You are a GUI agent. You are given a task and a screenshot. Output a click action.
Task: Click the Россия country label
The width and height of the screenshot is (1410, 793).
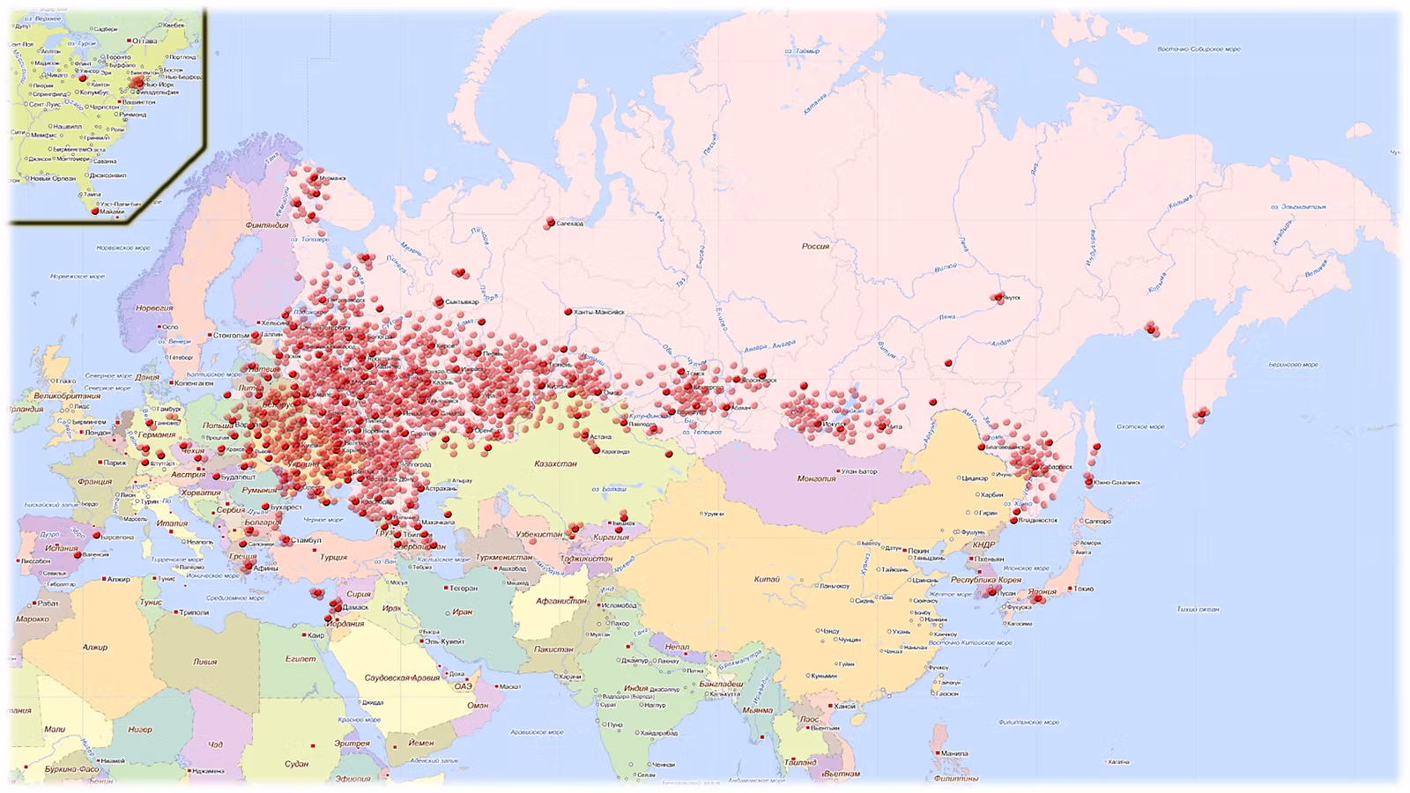pos(815,247)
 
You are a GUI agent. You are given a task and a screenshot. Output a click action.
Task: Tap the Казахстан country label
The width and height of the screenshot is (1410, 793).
pos(555,463)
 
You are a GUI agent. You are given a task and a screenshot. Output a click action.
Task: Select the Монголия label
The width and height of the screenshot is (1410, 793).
pos(816,479)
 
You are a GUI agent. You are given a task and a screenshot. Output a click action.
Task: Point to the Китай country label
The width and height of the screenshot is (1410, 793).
pos(767,580)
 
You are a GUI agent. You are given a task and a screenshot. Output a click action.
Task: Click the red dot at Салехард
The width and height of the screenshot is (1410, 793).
pos(551,222)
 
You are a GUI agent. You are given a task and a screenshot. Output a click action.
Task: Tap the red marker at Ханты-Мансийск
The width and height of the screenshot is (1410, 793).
pos(568,312)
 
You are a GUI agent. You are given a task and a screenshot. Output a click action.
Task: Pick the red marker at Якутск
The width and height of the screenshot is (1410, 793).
pos(998,297)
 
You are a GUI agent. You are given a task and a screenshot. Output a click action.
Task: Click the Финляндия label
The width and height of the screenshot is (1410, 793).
pos(267,226)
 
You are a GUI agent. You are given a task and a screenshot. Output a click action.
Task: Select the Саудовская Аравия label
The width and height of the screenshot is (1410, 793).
pos(402,678)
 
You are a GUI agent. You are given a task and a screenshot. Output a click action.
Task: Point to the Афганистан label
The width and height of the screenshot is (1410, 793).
pos(561,602)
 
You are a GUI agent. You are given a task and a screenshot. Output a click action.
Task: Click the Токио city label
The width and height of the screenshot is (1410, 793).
pos(1083,589)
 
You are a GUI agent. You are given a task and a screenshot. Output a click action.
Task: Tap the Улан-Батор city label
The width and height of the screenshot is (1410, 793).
pos(859,471)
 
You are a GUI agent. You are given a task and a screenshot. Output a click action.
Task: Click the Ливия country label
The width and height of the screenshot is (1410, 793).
pos(204,662)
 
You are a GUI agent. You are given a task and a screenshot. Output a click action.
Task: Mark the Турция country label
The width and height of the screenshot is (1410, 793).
pos(333,558)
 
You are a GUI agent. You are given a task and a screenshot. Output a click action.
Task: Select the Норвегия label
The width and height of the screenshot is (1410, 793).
pos(154,308)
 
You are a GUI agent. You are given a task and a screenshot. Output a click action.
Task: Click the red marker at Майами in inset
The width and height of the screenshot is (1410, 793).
pos(95,211)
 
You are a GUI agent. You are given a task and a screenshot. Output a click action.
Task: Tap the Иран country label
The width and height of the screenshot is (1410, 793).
pos(463,612)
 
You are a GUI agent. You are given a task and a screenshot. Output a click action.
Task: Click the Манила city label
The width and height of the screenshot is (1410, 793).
pos(954,753)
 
